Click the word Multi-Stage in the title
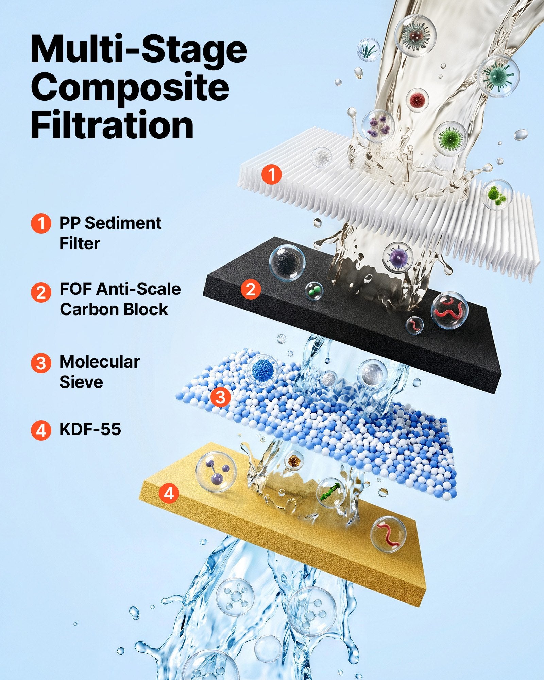(x=139, y=50)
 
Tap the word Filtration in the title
(x=112, y=125)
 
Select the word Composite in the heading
(x=130, y=88)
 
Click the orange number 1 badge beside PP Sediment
(x=41, y=223)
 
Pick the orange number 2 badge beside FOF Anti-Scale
(x=41, y=292)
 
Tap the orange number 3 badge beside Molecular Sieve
(x=41, y=363)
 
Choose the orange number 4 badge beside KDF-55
(x=41, y=430)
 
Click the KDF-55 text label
(x=90, y=429)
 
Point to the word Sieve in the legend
(x=81, y=382)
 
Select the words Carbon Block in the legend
(x=114, y=309)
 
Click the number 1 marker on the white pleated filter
(x=272, y=174)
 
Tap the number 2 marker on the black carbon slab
(x=251, y=289)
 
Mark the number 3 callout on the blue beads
(x=221, y=397)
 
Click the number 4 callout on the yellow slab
(x=169, y=493)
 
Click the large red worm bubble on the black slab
(x=449, y=310)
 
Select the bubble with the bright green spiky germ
(x=450, y=138)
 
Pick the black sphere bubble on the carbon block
(x=287, y=263)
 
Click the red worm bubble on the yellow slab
(x=388, y=534)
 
